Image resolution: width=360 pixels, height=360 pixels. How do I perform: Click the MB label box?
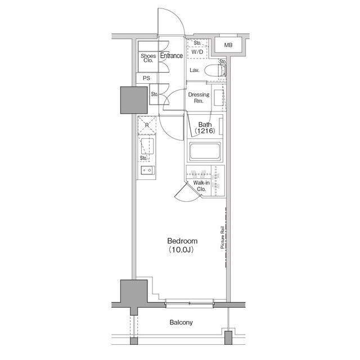coord(229,45)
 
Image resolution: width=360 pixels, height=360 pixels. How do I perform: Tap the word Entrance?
coord(171,56)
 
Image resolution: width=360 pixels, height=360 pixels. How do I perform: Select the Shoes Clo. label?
coord(148,58)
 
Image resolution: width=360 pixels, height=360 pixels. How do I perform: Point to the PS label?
coord(146,78)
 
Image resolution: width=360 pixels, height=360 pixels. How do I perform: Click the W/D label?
coord(197,52)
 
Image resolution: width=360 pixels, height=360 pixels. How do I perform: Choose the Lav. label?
coord(195,70)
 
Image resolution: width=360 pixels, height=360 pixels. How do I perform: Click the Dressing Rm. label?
coord(199,98)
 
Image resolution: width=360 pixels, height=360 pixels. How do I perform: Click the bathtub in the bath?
coord(204,152)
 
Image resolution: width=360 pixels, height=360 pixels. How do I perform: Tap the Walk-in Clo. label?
coord(201,186)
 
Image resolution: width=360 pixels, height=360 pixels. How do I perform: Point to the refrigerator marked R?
coord(147,126)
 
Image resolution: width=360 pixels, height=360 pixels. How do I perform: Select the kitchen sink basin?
coord(147,169)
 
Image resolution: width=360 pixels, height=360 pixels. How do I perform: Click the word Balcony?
coord(181,322)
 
